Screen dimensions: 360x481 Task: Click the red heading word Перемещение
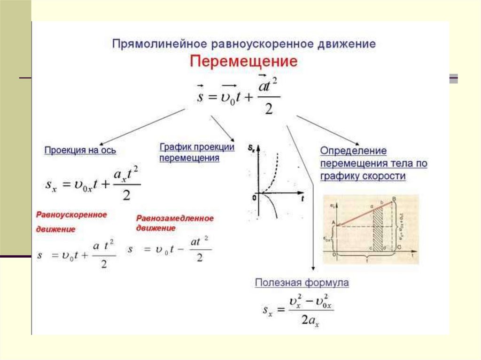point(243,61)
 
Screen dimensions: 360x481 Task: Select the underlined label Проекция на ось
point(80,151)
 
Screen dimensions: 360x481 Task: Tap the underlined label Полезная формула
point(302,283)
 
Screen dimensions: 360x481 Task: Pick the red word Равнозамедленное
point(175,218)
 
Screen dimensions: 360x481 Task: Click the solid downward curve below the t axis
point(272,207)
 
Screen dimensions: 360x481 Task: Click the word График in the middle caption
point(174,147)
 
